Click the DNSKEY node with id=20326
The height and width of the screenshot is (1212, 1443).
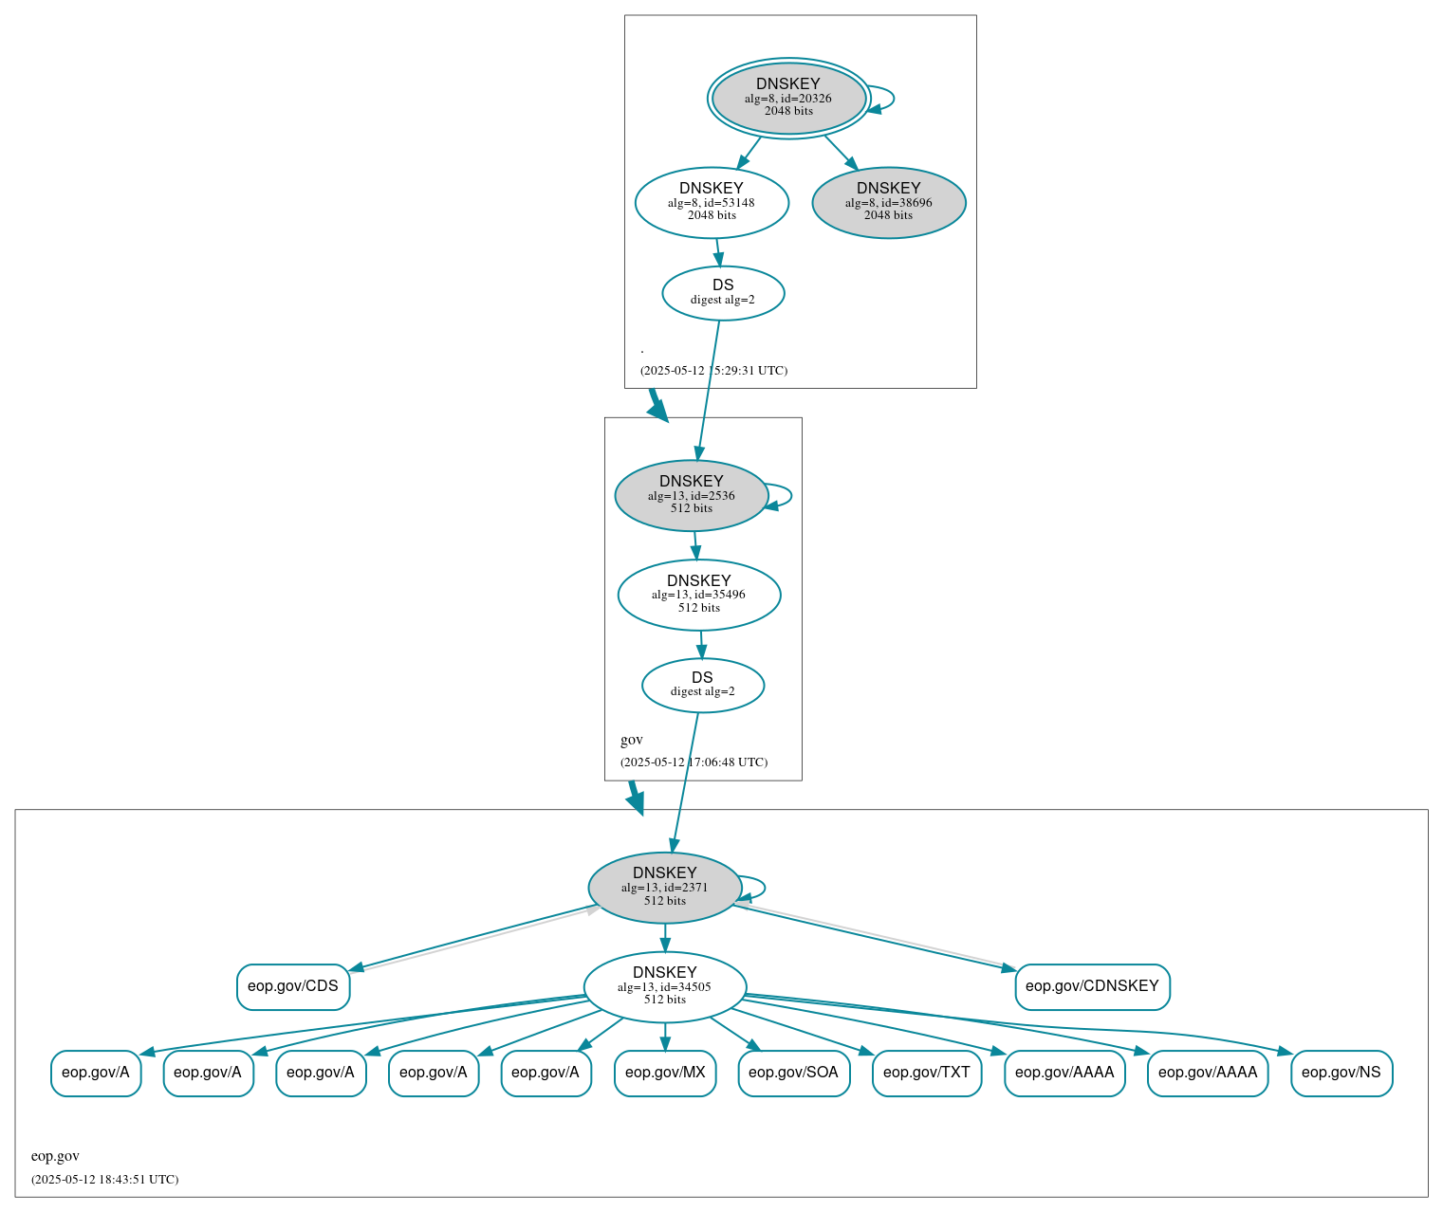click(x=788, y=98)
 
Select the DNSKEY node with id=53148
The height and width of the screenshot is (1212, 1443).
click(x=712, y=202)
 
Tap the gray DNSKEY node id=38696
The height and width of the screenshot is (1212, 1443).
click(x=889, y=202)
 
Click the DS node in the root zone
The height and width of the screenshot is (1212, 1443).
click(x=723, y=293)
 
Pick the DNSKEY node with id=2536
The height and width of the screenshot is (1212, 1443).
click(x=692, y=495)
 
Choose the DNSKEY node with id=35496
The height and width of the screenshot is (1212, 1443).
click(x=699, y=595)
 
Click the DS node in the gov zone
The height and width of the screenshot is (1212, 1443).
click(x=702, y=685)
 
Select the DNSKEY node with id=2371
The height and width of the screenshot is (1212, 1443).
click(x=665, y=888)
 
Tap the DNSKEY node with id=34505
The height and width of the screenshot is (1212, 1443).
click(x=665, y=986)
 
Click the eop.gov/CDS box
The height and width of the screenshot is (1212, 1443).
click(x=293, y=986)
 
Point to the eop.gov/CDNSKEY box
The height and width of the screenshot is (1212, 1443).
click(x=1092, y=986)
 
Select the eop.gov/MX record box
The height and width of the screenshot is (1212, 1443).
click(x=665, y=1073)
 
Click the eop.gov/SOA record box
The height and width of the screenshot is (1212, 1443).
click(x=793, y=1073)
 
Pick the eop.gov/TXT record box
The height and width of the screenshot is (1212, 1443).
click(x=927, y=1073)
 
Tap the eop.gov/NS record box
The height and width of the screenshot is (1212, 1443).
click(x=1341, y=1073)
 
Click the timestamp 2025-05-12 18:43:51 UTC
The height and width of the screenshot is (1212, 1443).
click(x=104, y=1180)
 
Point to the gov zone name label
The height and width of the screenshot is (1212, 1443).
click(x=632, y=740)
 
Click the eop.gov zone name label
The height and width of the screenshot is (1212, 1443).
click(x=55, y=1156)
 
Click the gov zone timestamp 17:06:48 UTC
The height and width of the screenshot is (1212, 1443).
click(x=694, y=762)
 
